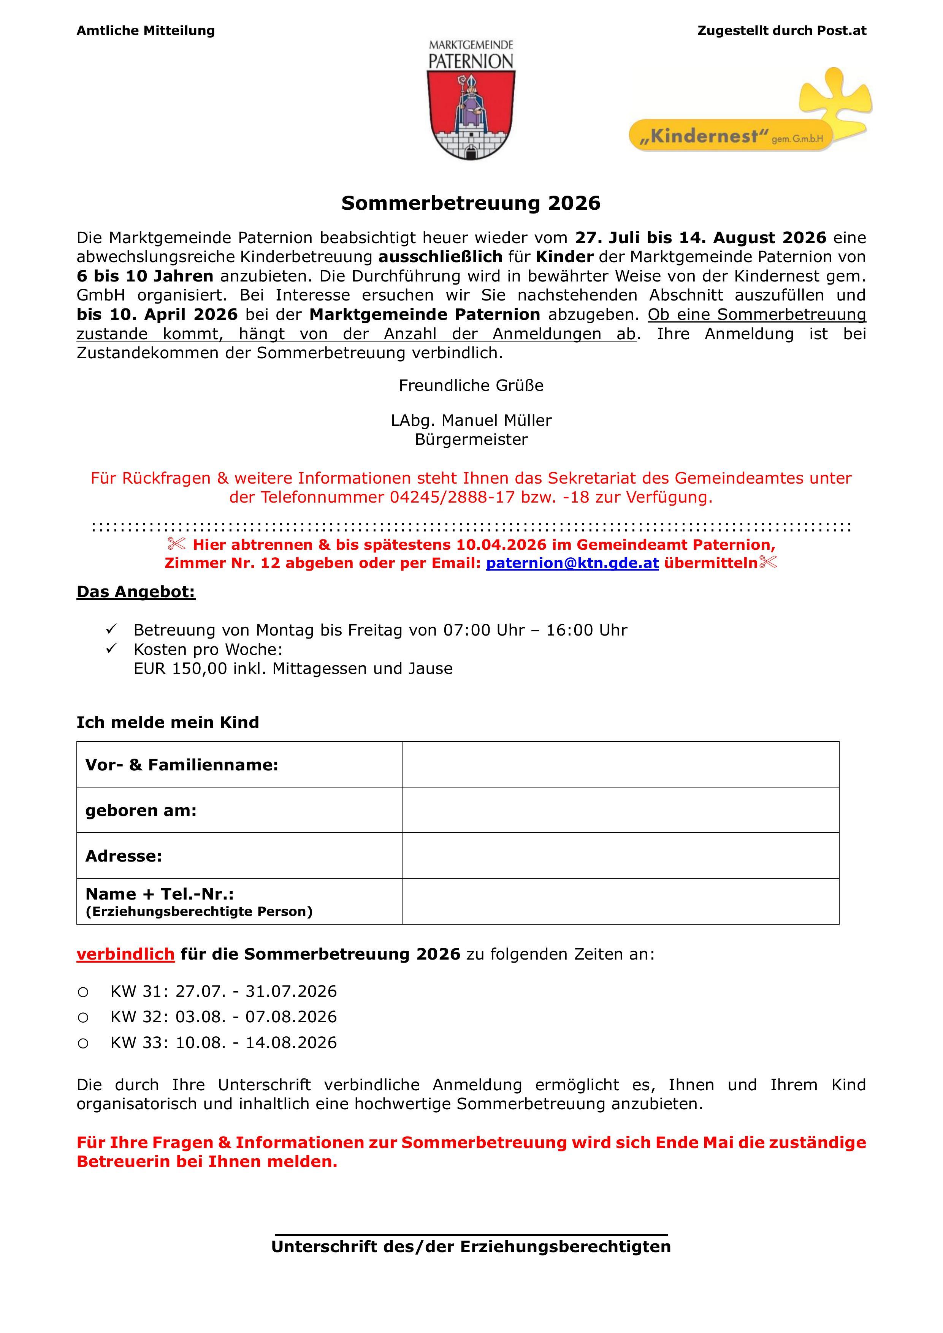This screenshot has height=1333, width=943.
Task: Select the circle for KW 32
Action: coord(83,1018)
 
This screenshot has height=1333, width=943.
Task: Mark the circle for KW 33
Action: coord(83,1043)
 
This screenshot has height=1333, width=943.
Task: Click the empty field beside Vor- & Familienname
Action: coord(620,765)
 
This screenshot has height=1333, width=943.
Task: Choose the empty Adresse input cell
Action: coord(620,856)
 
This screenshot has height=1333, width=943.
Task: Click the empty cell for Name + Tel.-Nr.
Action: coord(620,901)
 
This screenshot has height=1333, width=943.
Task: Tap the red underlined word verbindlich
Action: coord(125,954)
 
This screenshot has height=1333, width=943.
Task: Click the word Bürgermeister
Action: coord(471,440)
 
